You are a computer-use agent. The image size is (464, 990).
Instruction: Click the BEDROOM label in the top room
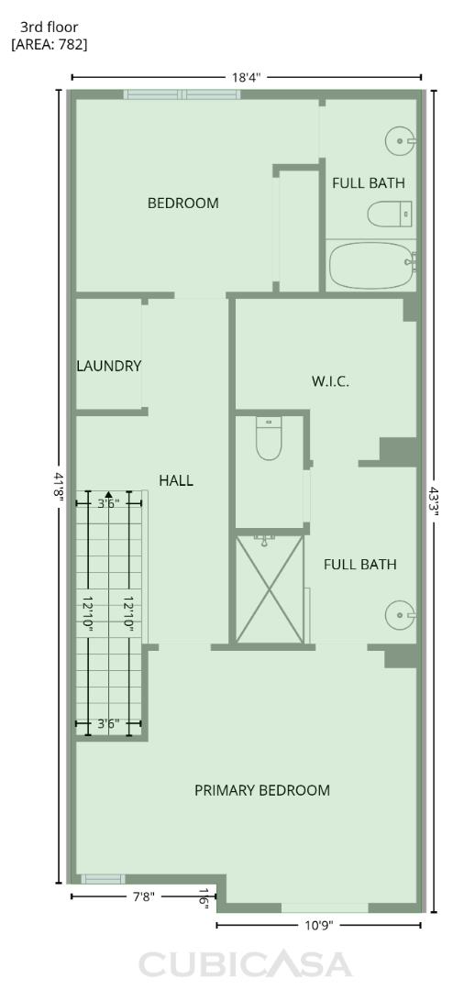click(183, 203)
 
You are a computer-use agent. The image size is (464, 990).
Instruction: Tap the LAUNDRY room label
click(108, 366)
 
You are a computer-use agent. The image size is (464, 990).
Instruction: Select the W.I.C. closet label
click(330, 380)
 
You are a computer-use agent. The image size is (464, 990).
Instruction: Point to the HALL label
click(176, 479)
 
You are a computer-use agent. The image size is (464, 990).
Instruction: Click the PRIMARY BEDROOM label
click(262, 790)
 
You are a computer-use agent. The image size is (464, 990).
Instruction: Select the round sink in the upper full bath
click(401, 140)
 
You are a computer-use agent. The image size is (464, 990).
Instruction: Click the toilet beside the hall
click(269, 440)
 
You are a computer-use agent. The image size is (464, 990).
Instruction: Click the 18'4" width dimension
click(246, 78)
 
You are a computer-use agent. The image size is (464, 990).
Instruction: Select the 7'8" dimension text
click(143, 897)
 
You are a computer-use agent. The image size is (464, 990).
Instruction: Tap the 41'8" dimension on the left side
click(60, 487)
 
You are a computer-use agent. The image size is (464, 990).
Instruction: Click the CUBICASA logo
click(245, 963)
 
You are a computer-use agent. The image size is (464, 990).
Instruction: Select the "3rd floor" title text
click(49, 27)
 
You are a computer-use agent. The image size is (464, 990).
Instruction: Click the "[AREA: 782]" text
click(50, 44)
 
